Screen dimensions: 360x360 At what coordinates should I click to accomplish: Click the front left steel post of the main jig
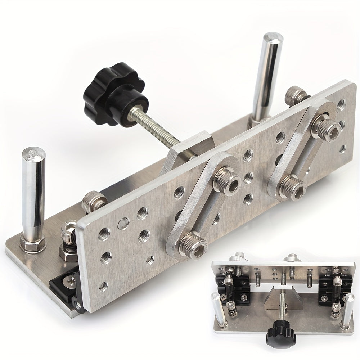pyautogui.click(x=32, y=194)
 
